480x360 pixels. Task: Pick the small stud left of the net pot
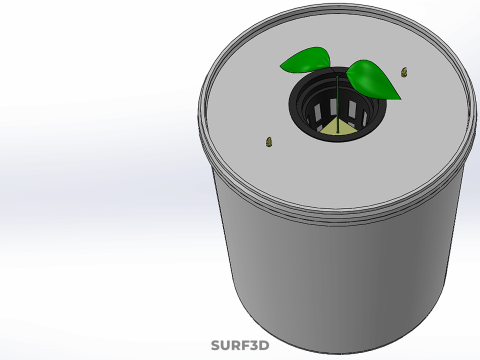[268, 142]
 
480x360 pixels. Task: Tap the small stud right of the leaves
[404, 72]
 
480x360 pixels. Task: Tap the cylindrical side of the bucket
[330, 280]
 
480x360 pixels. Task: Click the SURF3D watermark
[240, 345]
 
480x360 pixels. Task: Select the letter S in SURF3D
[215, 345]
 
